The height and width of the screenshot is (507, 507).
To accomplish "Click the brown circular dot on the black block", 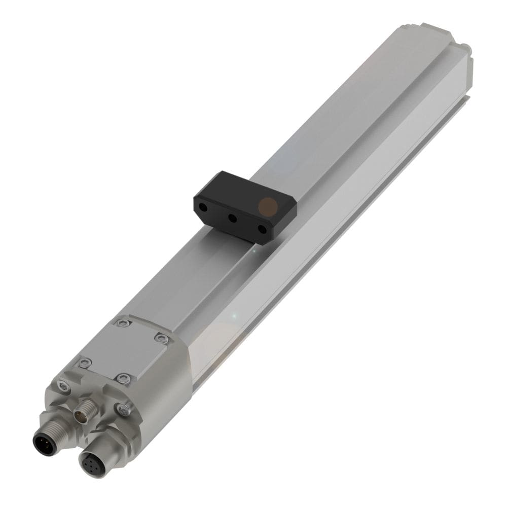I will click(267, 206).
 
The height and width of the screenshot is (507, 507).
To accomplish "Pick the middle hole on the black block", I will click(233, 218).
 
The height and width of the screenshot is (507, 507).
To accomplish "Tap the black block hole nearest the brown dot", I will click(262, 229).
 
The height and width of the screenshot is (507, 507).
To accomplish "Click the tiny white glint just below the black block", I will click(254, 251).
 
